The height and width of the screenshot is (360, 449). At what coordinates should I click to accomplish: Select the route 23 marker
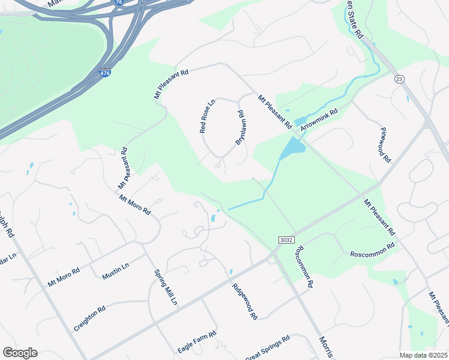399,79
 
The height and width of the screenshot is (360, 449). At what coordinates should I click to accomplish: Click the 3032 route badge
286,239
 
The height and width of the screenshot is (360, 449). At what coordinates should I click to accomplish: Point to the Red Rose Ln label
207,116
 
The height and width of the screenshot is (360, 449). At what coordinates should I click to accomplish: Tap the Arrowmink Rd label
320,119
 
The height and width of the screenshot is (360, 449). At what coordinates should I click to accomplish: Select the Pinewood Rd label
385,145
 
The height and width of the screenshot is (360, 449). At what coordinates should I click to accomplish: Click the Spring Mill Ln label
166,287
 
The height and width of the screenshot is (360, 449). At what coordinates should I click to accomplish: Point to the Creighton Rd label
89,318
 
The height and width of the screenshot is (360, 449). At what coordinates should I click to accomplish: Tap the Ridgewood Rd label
245,301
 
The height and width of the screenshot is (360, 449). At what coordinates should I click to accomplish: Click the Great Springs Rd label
268,347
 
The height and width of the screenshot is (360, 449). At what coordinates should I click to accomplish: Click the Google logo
20,353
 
